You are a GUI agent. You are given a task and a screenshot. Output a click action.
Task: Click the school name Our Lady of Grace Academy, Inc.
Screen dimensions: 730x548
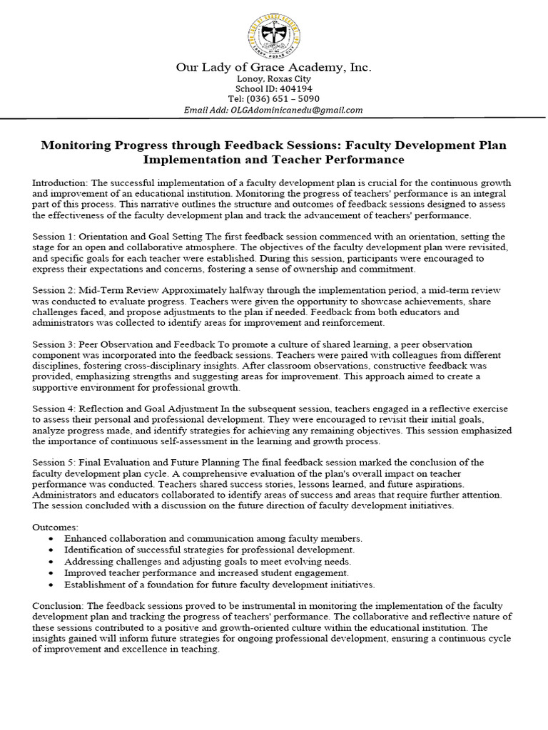(274, 68)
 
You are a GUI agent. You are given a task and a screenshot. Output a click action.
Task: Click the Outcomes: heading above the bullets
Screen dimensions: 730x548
(56, 527)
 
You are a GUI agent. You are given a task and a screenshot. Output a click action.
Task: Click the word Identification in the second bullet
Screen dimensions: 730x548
(93, 550)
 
